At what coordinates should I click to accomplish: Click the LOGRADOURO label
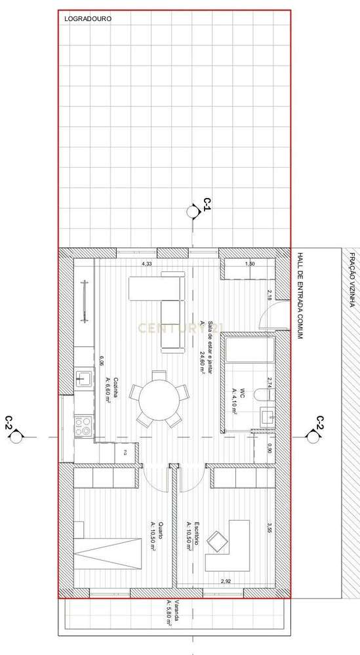click(x=88, y=20)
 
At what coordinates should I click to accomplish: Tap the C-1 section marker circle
click(x=193, y=212)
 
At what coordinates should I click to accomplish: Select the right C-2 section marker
click(x=312, y=433)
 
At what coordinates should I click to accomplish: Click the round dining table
click(x=157, y=399)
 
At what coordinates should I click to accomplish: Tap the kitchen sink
click(x=84, y=378)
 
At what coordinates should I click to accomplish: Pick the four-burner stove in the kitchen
click(x=84, y=427)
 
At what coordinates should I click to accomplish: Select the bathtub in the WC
click(x=248, y=348)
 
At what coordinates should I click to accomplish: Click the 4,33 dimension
click(x=148, y=264)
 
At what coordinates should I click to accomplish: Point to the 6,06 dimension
click(x=102, y=361)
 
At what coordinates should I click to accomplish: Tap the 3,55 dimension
click(x=268, y=527)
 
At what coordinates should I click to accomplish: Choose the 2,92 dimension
click(x=226, y=582)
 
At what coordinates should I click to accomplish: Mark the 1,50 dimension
click(x=249, y=264)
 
